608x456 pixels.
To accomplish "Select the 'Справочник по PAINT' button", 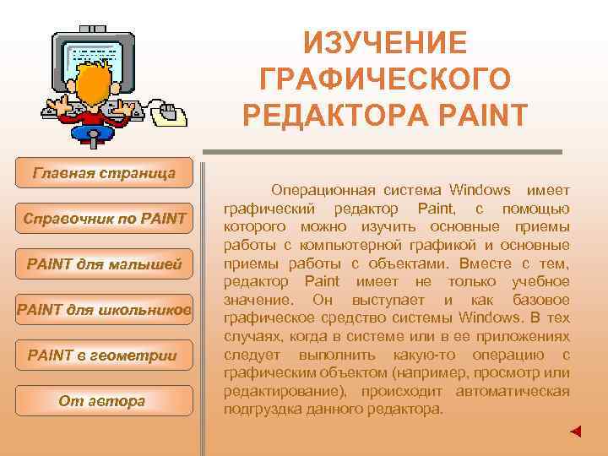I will [104, 220].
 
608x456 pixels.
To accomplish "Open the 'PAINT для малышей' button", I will [104, 265].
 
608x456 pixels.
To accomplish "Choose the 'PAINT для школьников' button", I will [104, 311].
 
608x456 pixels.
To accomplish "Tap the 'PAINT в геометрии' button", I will [104, 356].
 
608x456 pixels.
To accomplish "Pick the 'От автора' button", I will [104, 401].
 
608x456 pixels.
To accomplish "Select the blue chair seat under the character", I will [93, 131].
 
